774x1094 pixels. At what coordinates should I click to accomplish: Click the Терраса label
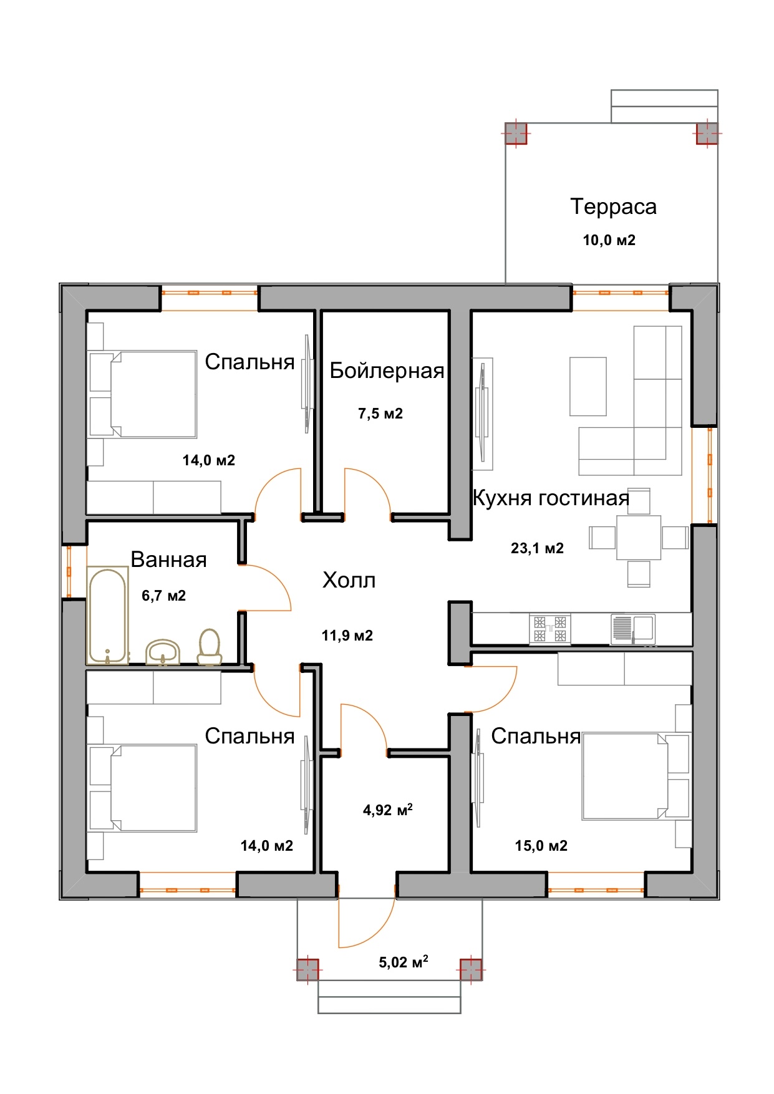(x=613, y=206)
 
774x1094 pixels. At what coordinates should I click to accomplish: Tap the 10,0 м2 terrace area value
(x=609, y=240)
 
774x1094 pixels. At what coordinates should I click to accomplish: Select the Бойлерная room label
(x=387, y=370)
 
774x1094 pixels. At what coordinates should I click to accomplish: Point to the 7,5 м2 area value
(x=380, y=414)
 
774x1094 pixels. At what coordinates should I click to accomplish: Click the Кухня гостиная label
(x=551, y=498)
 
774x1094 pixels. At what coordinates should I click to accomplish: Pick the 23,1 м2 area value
(x=537, y=548)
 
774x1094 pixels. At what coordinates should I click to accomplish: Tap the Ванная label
(x=168, y=559)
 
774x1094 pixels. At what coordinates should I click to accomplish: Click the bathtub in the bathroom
(x=108, y=615)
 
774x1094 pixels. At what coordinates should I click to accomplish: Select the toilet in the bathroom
(x=210, y=647)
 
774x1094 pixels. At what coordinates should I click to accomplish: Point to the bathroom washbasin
(x=163, y=652)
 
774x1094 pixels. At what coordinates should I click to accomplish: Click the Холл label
(x=349, y=581)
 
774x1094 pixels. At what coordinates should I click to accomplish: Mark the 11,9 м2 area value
(x=347, y=636)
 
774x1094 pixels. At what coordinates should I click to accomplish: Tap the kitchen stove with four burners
(x=550, y=629)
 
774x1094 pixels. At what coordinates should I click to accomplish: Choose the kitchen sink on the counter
(x=633, y=629)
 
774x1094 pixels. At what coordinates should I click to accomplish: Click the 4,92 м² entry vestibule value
(x=388, y=810)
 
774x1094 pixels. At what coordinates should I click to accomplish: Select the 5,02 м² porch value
(x=404, y=962)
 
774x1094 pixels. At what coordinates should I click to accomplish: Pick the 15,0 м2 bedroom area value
(x=541, y=846)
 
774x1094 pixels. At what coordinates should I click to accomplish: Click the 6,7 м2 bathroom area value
(x=163, y=596)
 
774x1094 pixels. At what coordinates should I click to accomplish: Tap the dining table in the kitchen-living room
(x=639, y=537)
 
